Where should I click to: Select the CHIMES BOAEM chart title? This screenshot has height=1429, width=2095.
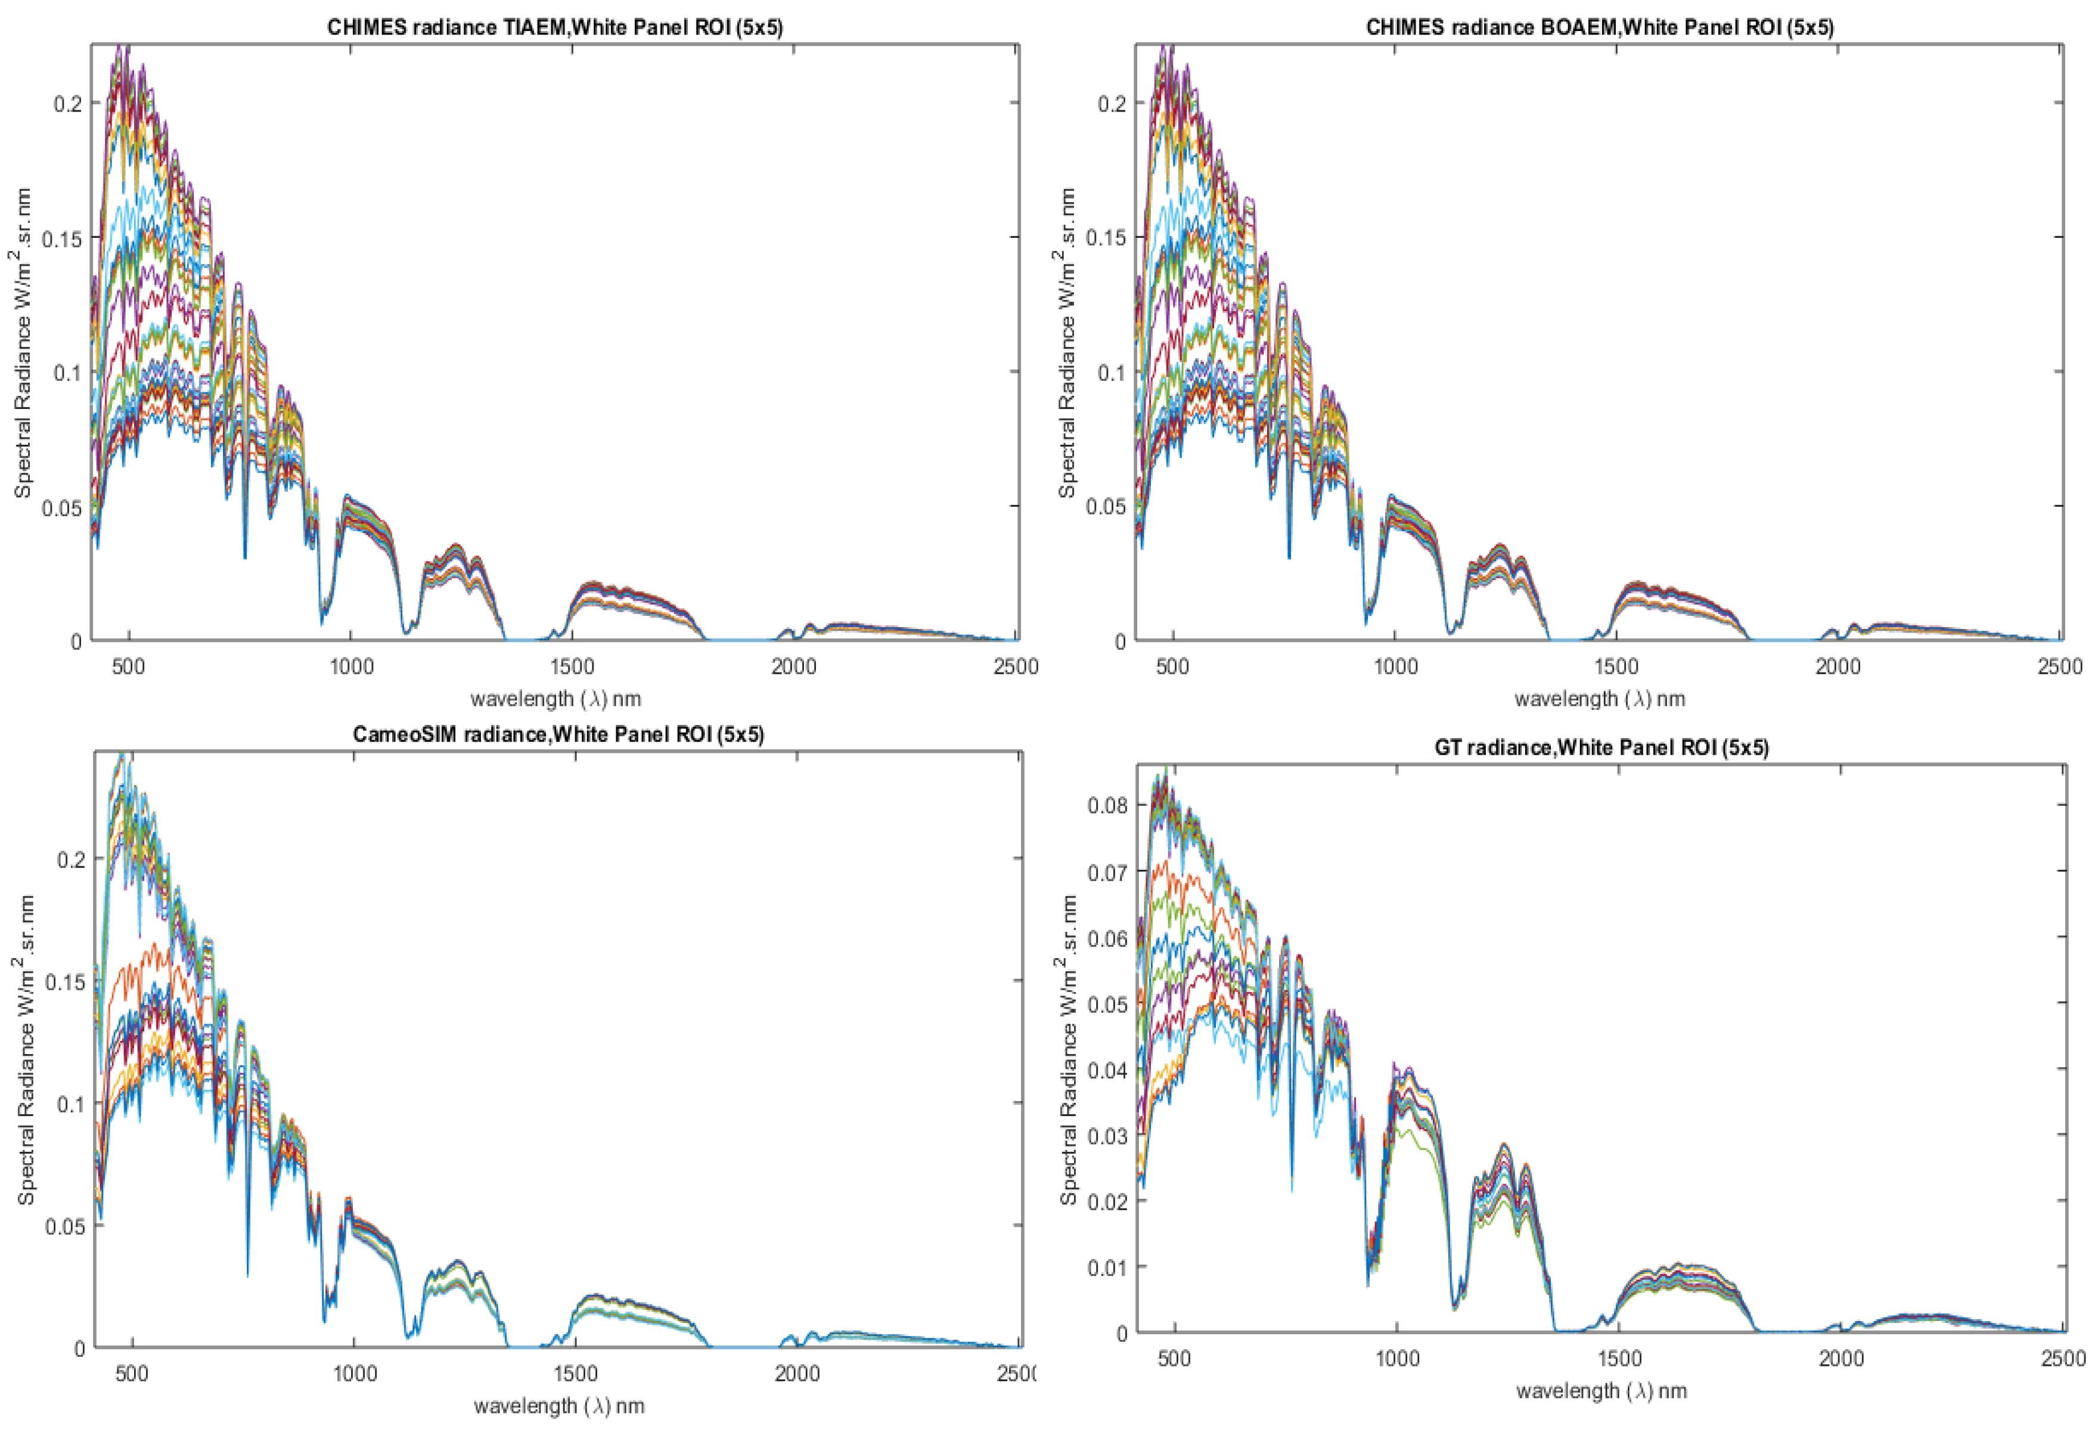click(x=1599, y=27)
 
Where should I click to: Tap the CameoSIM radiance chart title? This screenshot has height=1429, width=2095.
click(x=558, y=734)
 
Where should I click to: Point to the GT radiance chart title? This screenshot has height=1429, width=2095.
click(x=1601, y=748)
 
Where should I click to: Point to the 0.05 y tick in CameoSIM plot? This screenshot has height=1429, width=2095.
click(x=65, y=1226)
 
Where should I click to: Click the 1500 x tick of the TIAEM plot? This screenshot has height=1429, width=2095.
click(x=572, y=667)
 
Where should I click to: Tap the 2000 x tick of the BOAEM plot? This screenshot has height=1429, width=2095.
click(x=1837, y=667)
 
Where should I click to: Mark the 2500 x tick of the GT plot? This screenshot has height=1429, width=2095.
click(x=2062, y=1359)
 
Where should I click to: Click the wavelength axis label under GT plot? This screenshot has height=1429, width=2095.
click(x=1600, y=1391)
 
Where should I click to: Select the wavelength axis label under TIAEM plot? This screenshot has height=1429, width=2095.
click(x=555, y=698)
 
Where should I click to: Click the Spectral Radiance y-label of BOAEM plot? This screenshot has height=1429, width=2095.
click(x=1067, y=343)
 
